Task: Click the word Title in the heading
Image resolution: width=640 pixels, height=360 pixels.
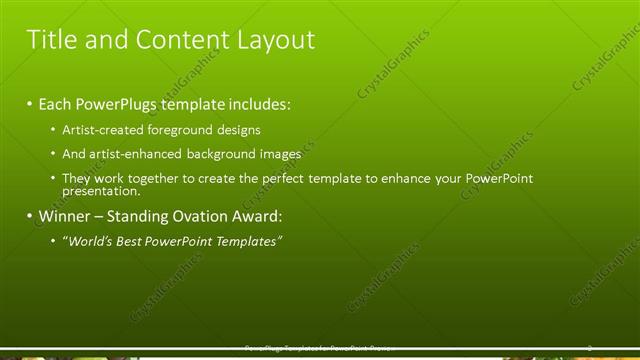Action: [47, 40]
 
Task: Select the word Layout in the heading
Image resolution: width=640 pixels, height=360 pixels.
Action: [276, 40]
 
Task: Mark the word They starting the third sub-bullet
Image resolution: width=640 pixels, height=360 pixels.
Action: [77, 178]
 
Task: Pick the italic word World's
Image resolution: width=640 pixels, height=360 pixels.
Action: [91, 241]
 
